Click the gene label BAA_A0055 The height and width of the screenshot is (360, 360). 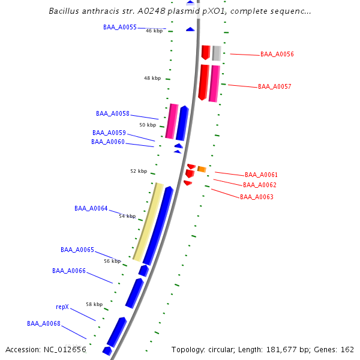tap(120, 28)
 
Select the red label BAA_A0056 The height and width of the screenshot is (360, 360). tap(277, 55)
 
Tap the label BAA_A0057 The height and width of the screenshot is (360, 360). tap(274, 87)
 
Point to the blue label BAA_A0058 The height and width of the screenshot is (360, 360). tap(113, 113)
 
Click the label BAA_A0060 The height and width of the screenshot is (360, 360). tap(108, 142)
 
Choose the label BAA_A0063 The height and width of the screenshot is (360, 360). tap(257, 197)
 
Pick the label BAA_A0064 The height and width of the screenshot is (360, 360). tap(91, 209)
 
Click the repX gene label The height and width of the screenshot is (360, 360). tap(62, 307)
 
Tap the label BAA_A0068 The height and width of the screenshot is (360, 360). tap(44, 324)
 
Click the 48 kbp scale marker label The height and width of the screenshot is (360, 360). tap(152, 79)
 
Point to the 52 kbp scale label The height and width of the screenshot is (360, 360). tap(139, 172)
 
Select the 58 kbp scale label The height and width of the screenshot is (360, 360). tap(94, 304)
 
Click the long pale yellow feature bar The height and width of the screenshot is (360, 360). tap(148, 222)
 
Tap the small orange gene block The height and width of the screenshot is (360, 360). tap(202, 169)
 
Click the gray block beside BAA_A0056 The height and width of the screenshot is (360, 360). tap(217, 53)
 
